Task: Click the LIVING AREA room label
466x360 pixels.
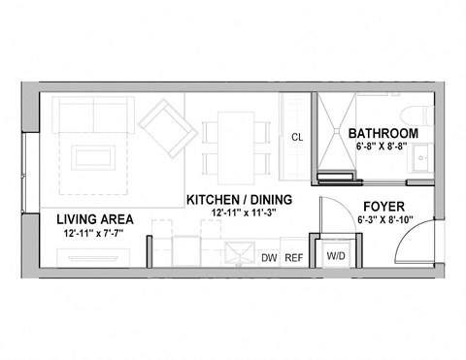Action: tap(94, 218)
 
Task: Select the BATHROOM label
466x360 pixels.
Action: tap(383, 133)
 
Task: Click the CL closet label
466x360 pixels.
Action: tap(297, 138)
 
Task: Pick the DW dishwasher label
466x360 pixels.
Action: tap(271, 257)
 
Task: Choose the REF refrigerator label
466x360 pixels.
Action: tap(293, 257)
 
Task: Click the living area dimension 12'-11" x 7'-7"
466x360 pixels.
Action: tap(94, 233)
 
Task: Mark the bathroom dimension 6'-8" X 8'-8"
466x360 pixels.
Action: tap(383, 147)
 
